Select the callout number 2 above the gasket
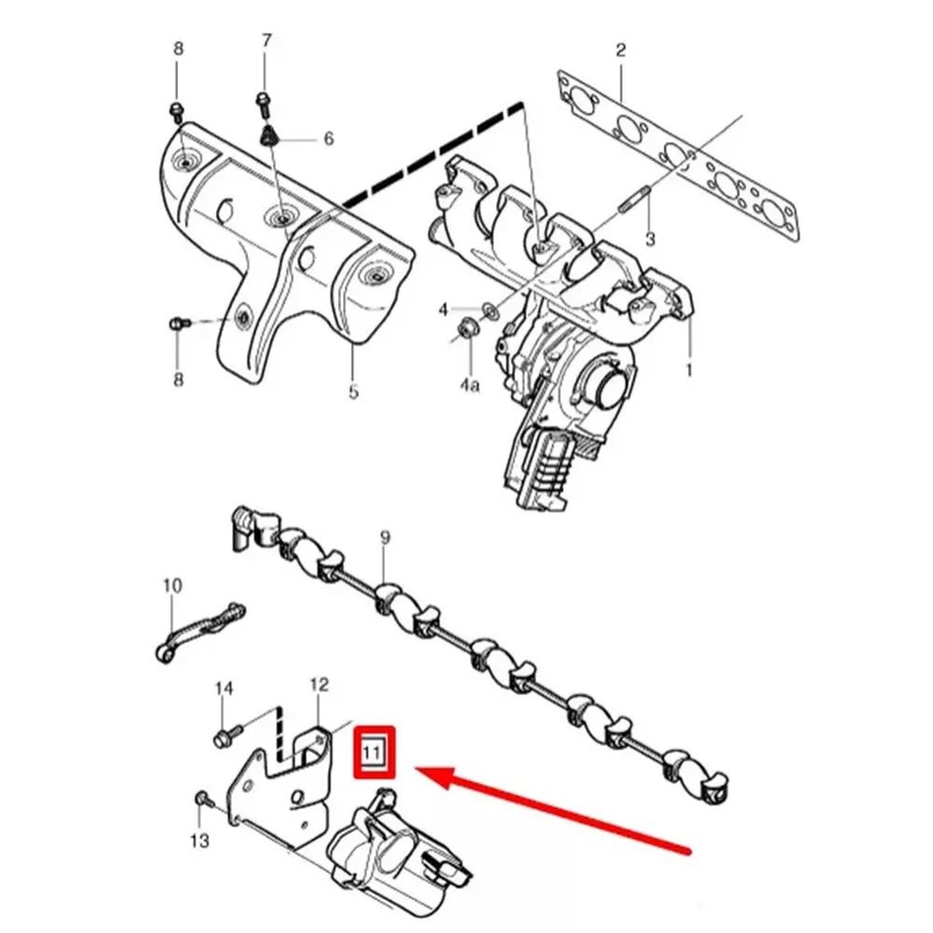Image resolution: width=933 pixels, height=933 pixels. (621, 50)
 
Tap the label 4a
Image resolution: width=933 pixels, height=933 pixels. (469, 382)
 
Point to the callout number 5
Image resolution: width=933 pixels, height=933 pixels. (353, 392)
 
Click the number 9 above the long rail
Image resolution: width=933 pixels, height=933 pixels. (385, 538)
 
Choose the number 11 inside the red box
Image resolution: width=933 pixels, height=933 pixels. (373, 751)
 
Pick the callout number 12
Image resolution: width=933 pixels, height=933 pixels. (319, 685)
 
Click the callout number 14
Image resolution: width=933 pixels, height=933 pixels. (223, 689)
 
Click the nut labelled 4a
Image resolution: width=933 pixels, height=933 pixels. (467, 328)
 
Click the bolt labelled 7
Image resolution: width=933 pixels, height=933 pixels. (264, 100)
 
